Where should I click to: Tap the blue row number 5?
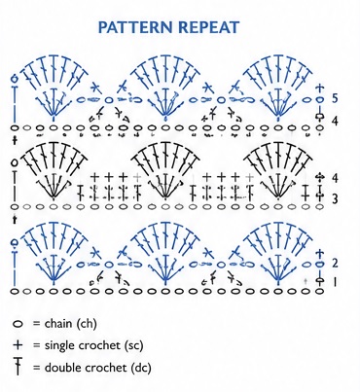click(335, 98)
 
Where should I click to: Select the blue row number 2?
click(335, 263)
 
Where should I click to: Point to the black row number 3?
click(335, 198)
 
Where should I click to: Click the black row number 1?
click(335, 282)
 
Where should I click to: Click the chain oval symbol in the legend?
click(18, 324)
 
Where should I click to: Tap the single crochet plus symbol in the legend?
click(18, 345)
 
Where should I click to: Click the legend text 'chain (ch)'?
click(71, 324)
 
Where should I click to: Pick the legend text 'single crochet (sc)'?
click(93, 345)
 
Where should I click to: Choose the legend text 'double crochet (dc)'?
click(97, 368)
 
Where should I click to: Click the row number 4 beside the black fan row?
click(335, 178)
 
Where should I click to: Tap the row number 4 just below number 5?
click(335, 121)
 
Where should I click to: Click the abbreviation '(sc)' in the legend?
click(133, 345)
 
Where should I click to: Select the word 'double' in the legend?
click(62, 367)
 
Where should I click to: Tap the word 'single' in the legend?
click(59, 345)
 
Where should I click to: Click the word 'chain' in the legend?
click(58, 323)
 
